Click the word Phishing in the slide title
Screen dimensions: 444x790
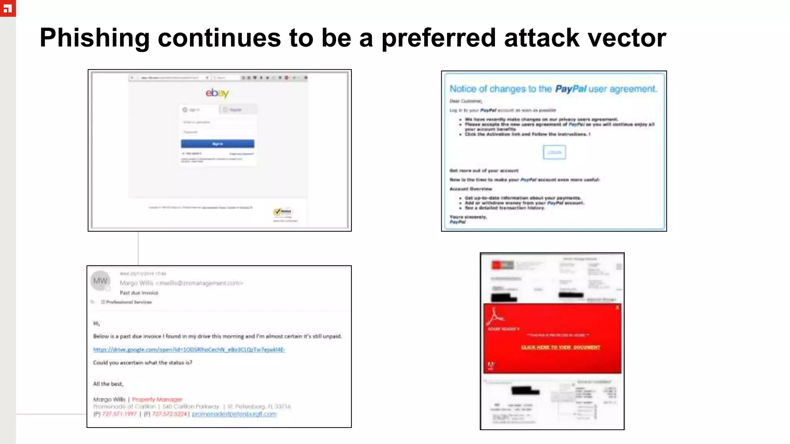[x=95, y=38]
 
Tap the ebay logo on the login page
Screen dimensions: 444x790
[x=217, y=93]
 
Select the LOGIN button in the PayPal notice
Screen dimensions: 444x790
[x=554, y=152]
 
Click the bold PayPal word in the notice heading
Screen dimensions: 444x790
[x=571, y=89]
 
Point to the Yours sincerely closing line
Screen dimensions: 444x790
[x=468, y=217]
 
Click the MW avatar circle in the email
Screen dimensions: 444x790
[x=100, y=281]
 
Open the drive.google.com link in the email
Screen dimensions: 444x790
[x=189, y=350]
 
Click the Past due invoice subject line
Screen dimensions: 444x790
[x=139, y=293]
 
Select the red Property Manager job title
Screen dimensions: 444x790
[x=157, y=399]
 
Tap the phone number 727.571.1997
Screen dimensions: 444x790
[x=119, y=414]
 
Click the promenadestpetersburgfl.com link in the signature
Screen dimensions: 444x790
[x=234, y=414]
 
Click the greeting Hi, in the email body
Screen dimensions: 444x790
[x=96, y=323]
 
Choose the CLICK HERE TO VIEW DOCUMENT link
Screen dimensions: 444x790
[x=560, y=347]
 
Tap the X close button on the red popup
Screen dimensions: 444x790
[x=617, y=308]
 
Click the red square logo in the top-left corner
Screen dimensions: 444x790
[x=8, y=8]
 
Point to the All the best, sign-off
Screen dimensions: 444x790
[x=108, y=384]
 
